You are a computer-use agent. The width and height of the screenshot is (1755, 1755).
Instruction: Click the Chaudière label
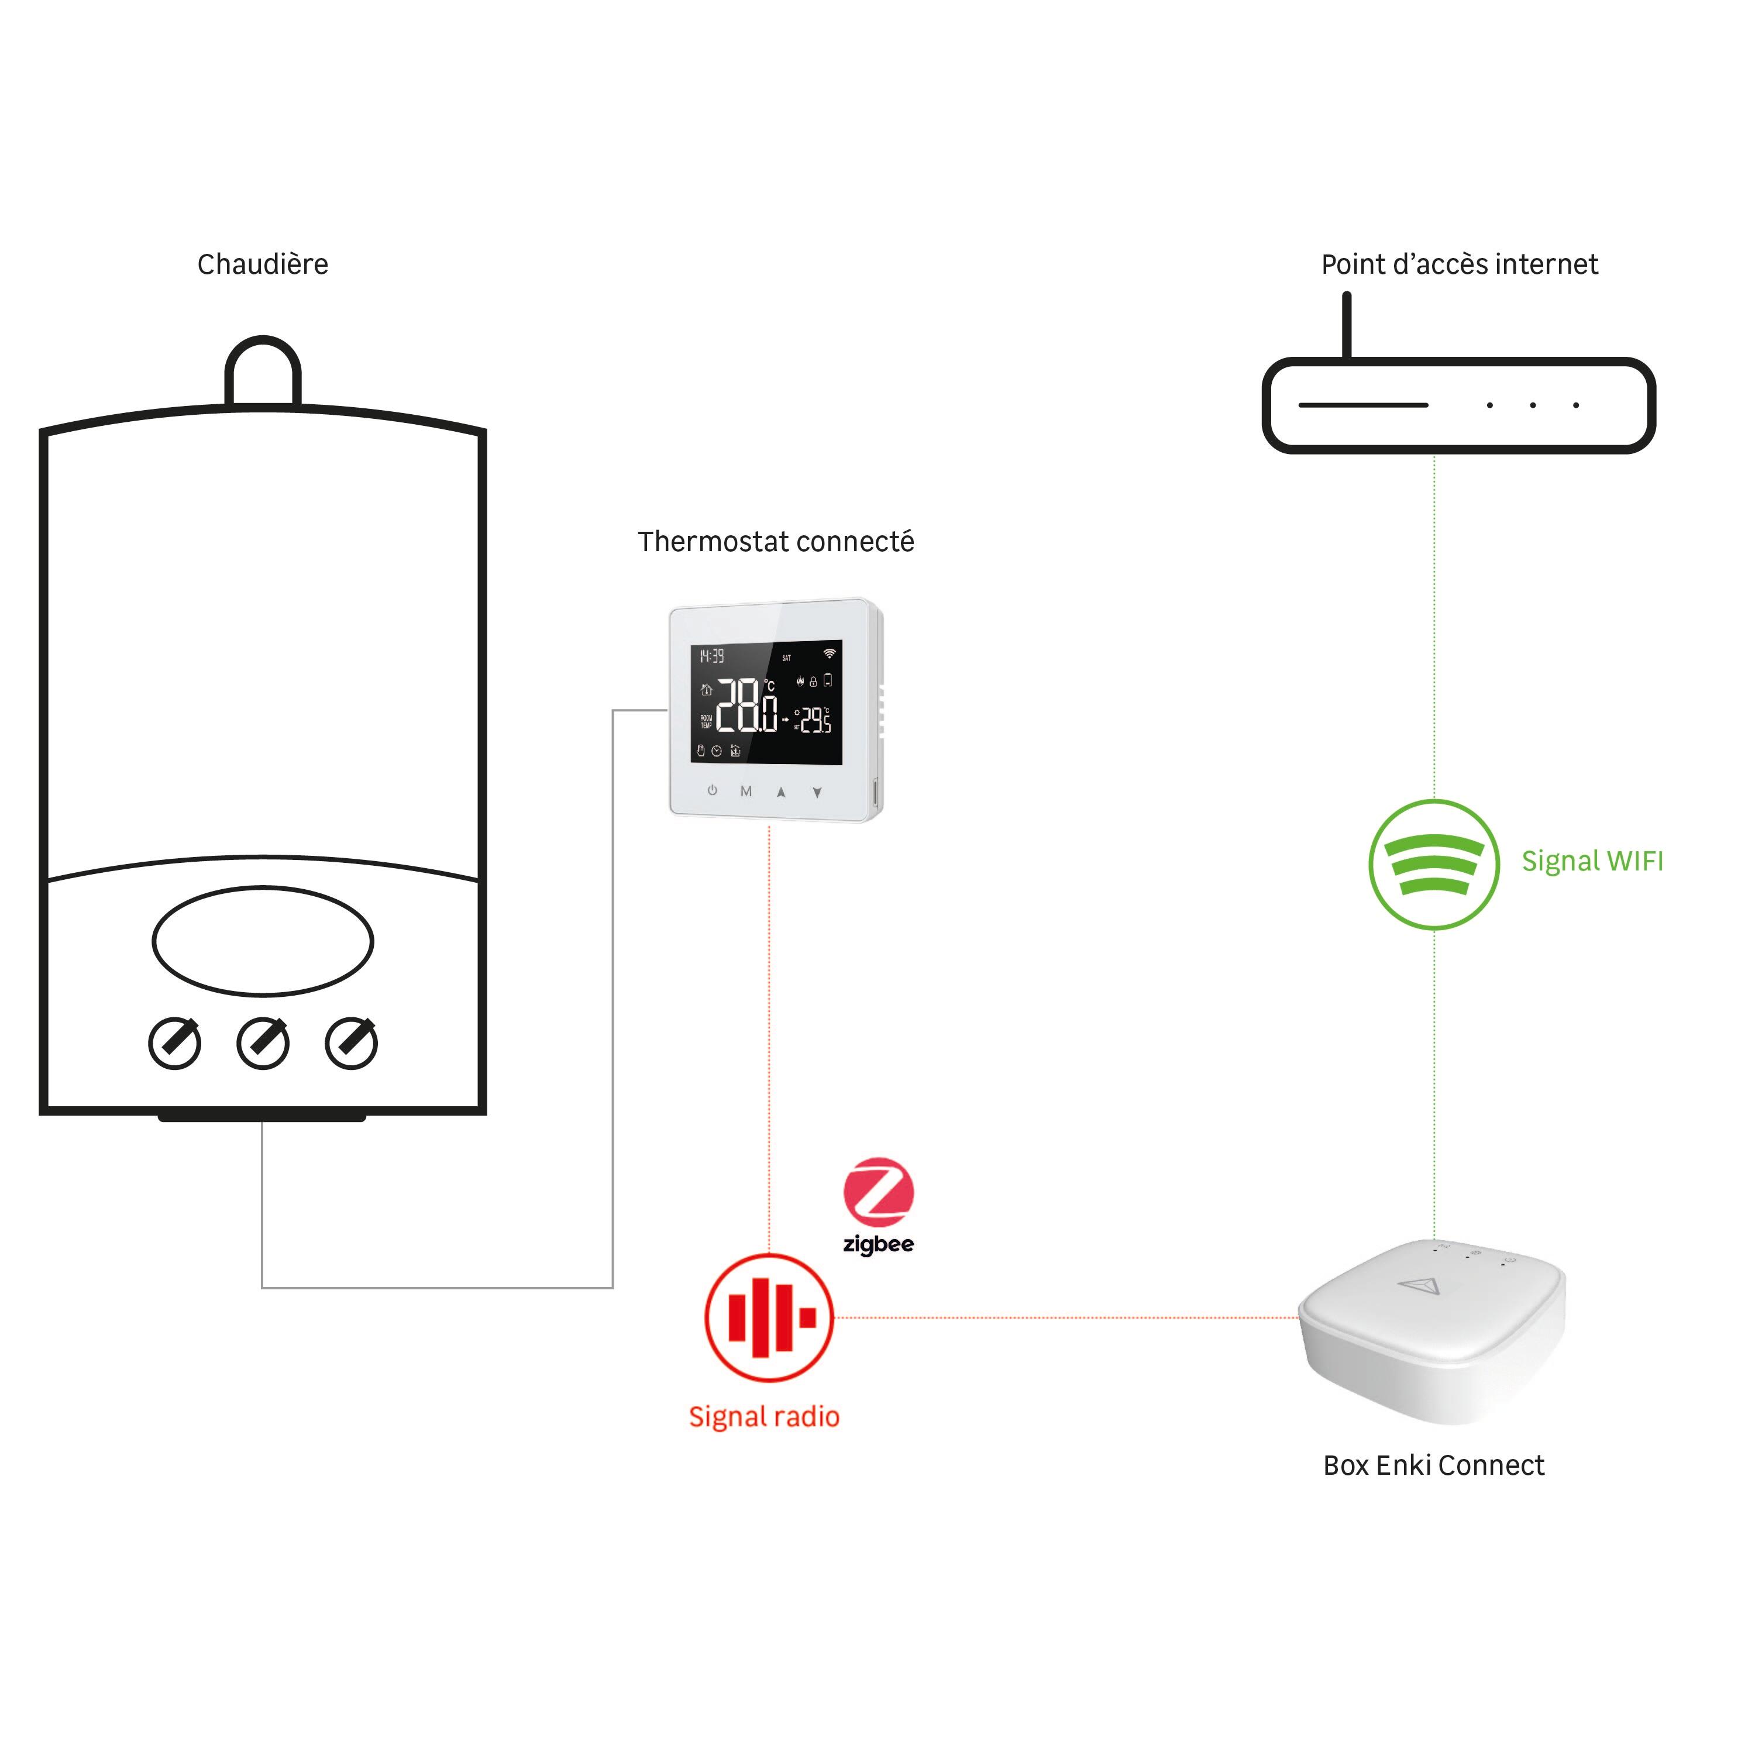click(263, 264)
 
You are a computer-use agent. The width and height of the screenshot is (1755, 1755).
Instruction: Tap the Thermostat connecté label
click(775, 541)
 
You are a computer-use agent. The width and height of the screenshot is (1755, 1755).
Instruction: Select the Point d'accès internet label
click(1459, 264)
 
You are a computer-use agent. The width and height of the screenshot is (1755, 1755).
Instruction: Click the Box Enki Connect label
click(1433, 1465)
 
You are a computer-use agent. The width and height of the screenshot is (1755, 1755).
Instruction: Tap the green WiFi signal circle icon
click(1433, 864)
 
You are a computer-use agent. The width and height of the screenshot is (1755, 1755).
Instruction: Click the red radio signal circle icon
click(769, 1317)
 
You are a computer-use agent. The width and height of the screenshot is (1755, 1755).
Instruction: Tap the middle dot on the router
click(1533, 405)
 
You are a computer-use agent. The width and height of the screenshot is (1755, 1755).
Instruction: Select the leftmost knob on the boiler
click(174, 1043)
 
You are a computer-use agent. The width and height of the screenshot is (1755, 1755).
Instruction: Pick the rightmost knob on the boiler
click(352, 1043)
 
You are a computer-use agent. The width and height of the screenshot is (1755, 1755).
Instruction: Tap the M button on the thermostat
click(746, 791)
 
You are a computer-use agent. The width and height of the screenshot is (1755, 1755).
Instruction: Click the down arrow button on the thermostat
click(817, 792)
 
